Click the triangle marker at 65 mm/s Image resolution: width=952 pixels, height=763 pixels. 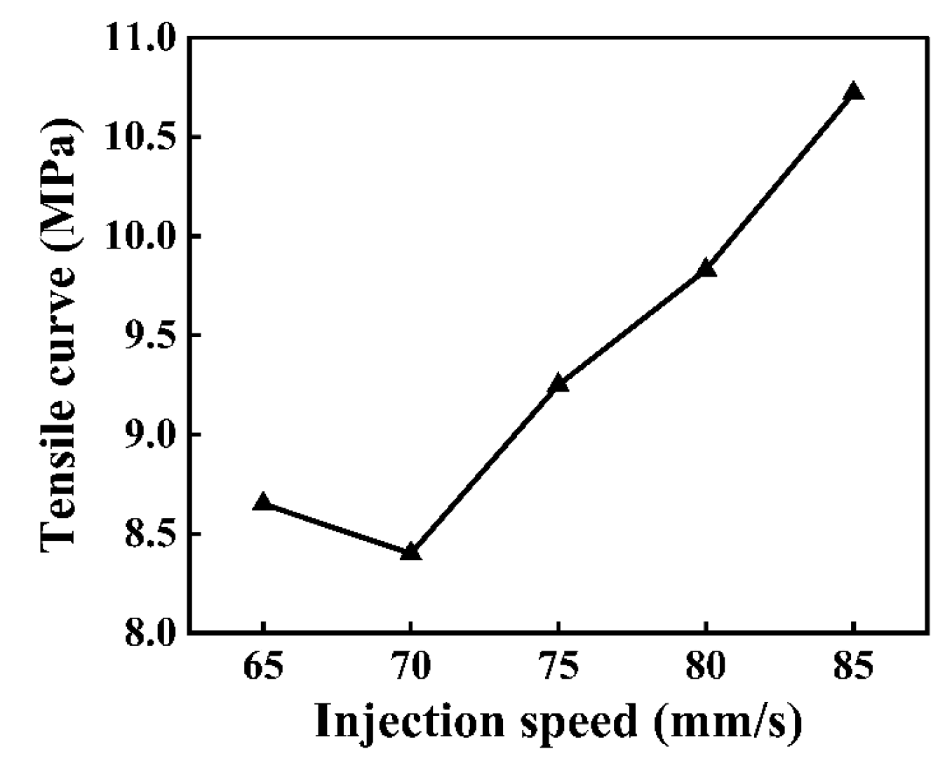263,502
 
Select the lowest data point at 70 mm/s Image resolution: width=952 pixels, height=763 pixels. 411,552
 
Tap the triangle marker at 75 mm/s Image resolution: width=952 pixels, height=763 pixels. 558,383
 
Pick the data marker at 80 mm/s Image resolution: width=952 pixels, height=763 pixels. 706,268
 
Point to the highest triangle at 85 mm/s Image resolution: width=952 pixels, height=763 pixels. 854,91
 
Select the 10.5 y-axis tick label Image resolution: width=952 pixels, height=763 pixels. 138,137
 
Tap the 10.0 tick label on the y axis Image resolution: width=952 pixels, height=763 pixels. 138,237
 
